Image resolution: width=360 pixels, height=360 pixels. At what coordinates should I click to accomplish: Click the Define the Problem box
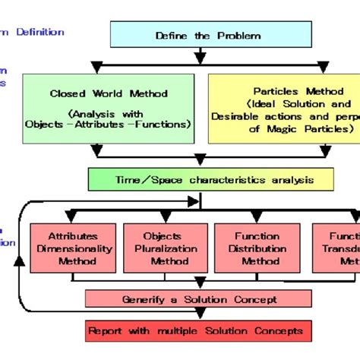tap(197, 36)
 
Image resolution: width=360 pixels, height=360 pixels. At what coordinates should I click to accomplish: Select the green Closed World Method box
tap(110, 108)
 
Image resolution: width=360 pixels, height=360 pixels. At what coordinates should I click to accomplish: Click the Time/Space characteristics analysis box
tap(210, 179)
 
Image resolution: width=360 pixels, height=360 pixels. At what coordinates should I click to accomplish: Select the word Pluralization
tap(164, 248)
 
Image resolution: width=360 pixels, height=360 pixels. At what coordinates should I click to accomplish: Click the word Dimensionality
tap(73, 248)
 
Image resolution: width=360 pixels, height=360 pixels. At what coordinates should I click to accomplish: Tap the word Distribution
tap(257, 248)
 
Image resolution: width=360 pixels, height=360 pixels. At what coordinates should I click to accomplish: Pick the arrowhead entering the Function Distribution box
tap(257, 218)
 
